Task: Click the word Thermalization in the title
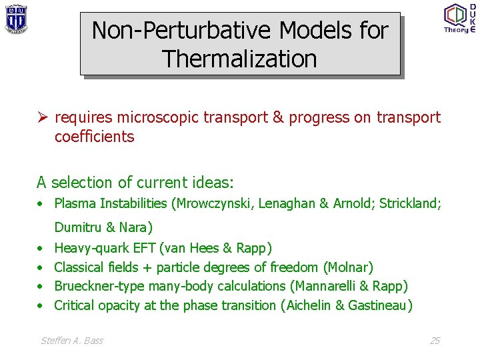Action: tap(240, 59)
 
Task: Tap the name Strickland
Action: tap(408, 203)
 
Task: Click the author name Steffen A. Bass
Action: tap(72, 341)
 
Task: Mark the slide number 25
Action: tap(435, 341)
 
